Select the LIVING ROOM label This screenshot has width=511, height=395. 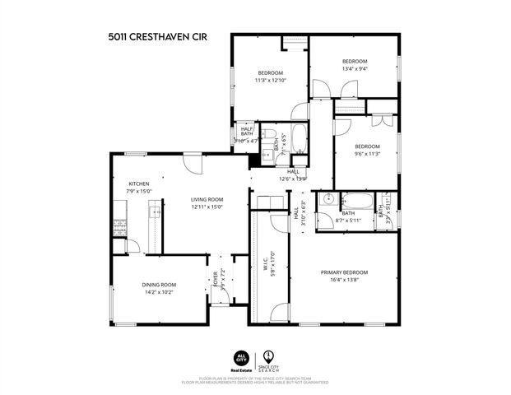pos(208,199)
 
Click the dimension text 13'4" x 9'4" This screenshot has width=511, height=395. pos(355,68)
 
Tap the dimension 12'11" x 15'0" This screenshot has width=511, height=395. pos(208,207)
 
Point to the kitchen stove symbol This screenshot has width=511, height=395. pos(120,225)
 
